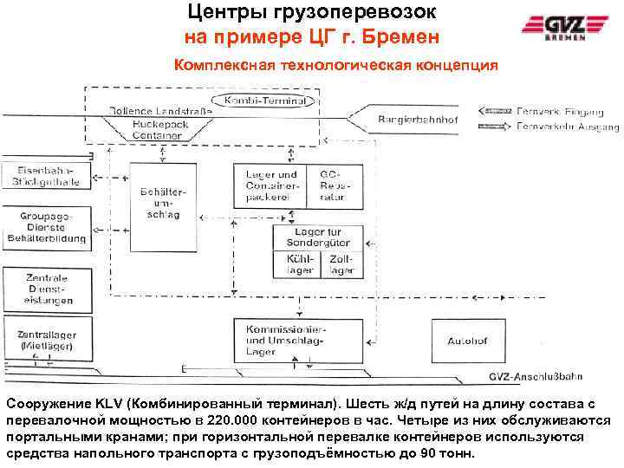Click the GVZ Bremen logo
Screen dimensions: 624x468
pos(562,29)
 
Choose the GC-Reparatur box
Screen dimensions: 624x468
pos(332,185)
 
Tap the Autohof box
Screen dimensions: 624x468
pos(468,341)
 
